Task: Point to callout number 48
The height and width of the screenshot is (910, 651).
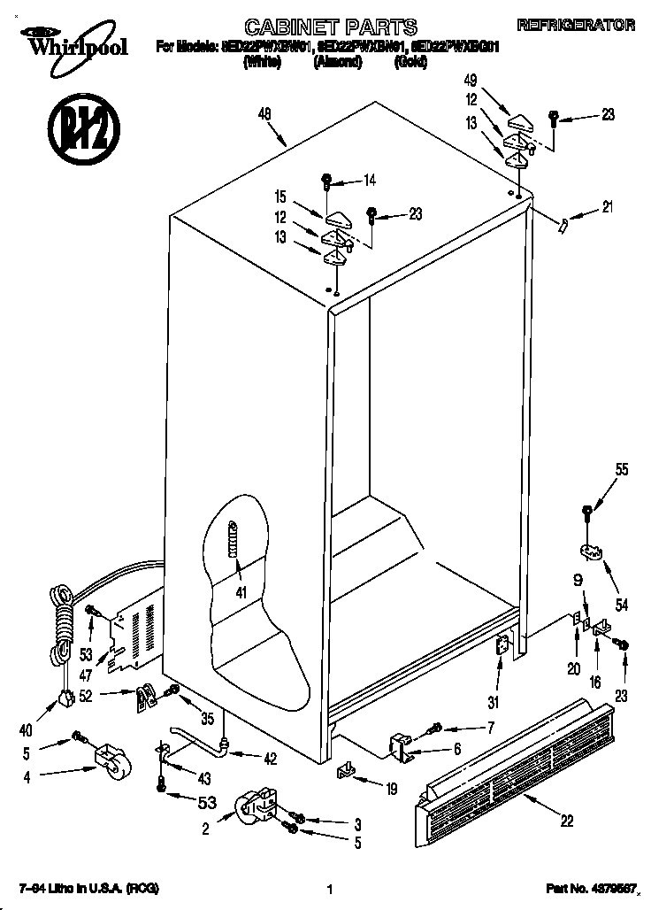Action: pyautogui.click(x=264, y=112)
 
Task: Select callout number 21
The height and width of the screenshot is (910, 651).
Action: pyautogui.click(x=607, y=208)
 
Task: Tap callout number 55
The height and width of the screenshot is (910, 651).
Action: pyautogui.click(x=623, y=470)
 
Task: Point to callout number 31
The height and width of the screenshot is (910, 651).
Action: pyautogui.click(x=493, y=704)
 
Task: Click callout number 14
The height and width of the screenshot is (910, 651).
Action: pyautogui.click(x=369, y=181)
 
